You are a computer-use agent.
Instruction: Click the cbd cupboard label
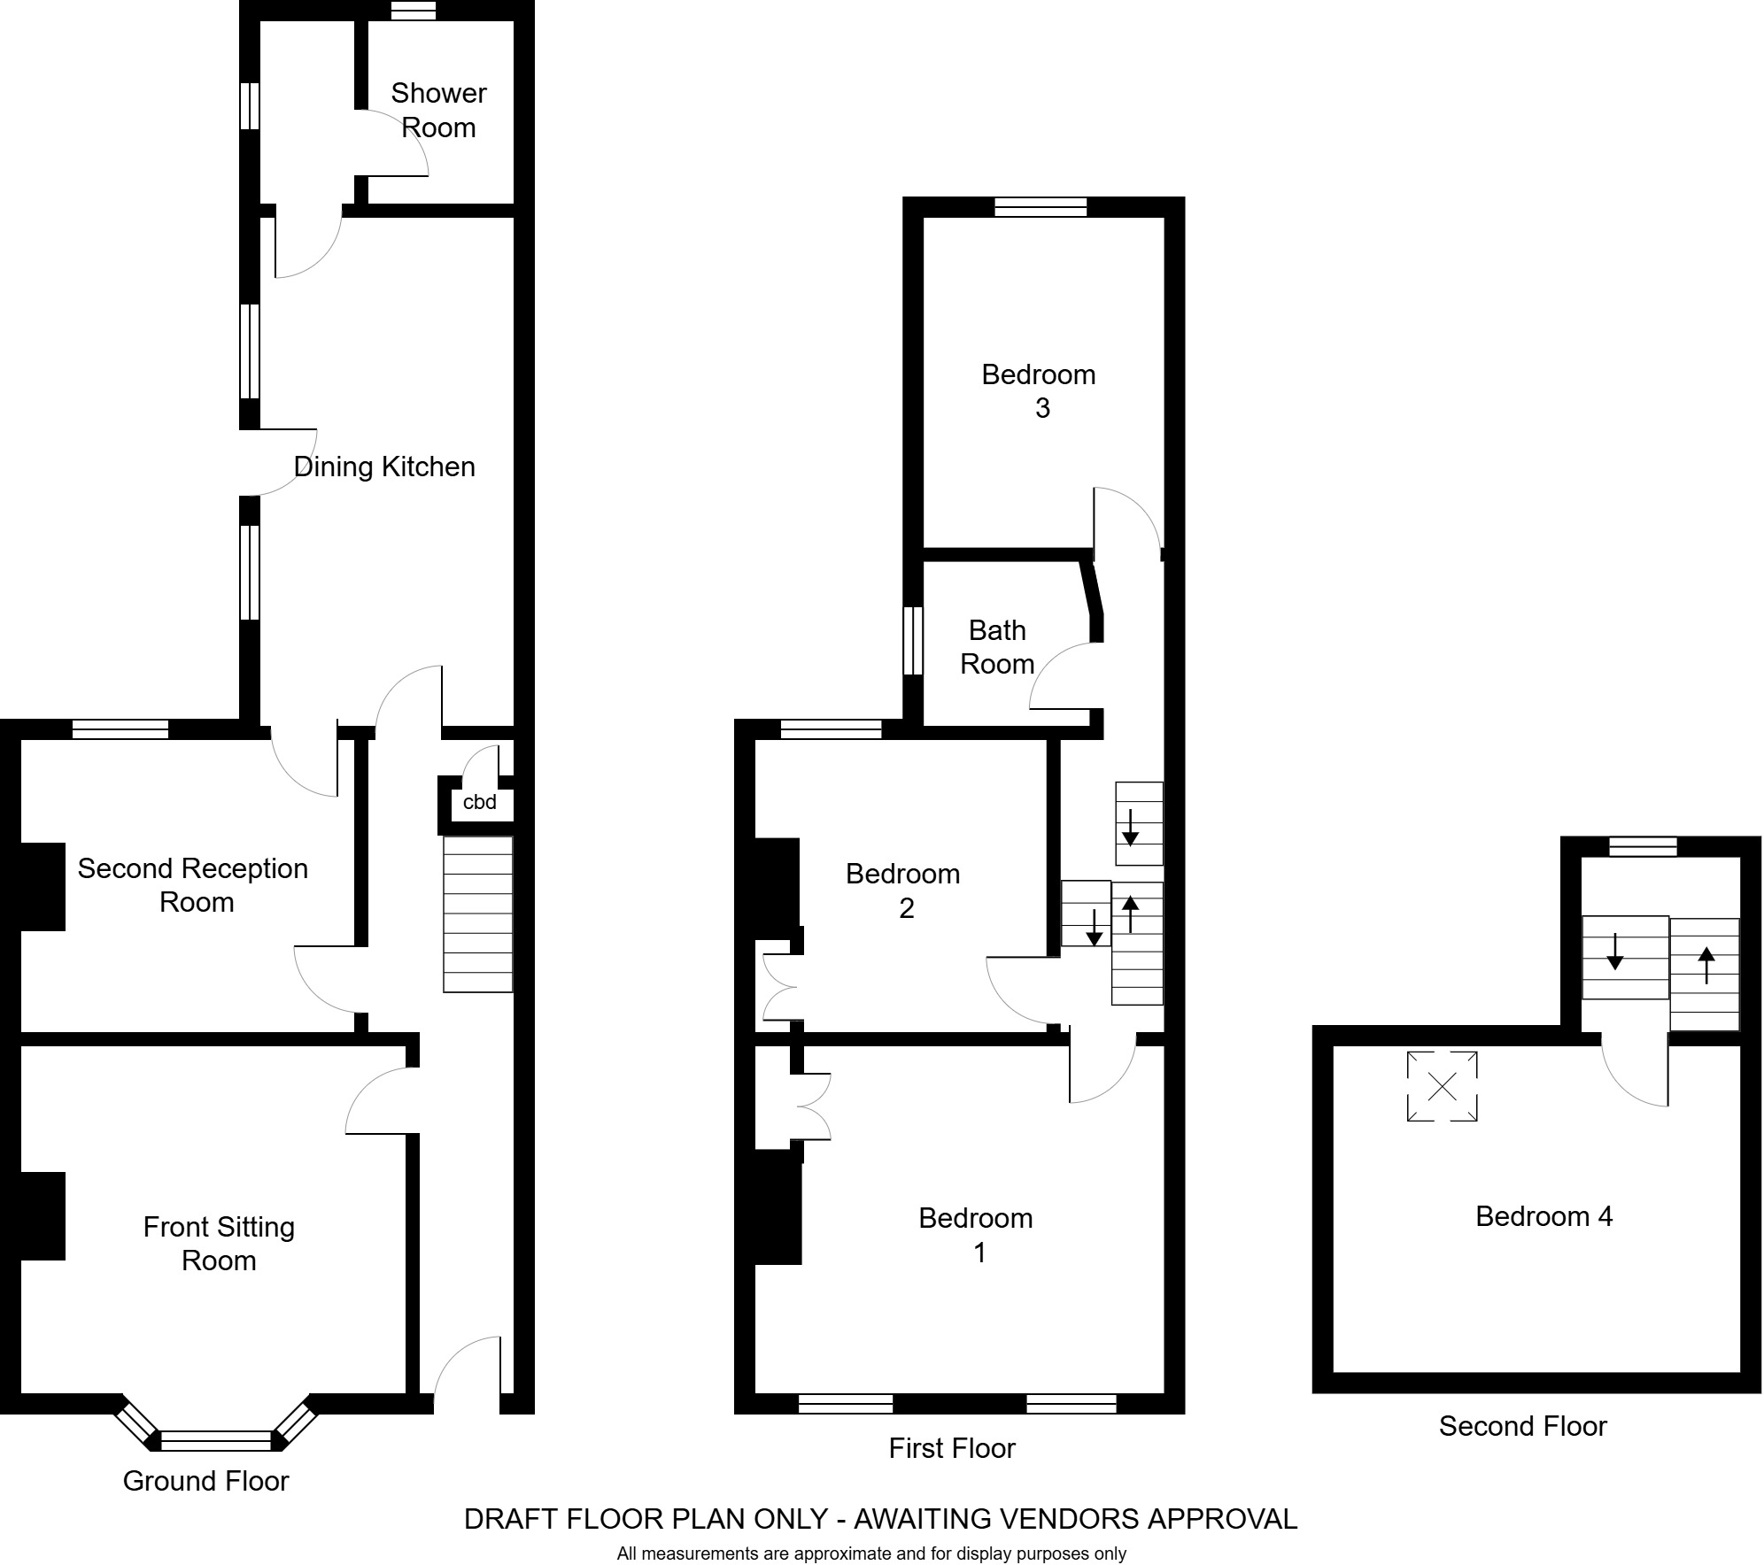pyautogui.click(x=479, y=802)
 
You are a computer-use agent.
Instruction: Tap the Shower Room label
pyautogui.click(x=438, y=110)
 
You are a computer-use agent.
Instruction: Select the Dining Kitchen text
pyautogui.click(x=384, y=466)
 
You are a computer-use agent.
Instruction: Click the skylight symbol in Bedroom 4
pyautogui.click(x=1442, y=1086)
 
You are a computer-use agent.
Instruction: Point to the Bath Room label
pyautogui.click(x=997, y=647)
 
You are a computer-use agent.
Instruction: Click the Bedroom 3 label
pyautogui.click(x=1039, y=390)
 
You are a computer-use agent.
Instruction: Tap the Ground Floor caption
pyautogui.click(x=205, y=1481)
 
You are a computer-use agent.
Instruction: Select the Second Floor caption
pyautogui.click(x=1521, y=1426)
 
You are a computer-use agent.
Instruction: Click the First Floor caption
pyautogui.click(x=951, y=1448)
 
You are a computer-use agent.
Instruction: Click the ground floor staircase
pyautogui.click(x=478, y=914)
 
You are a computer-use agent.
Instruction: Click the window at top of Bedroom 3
pyautogui.click(x=1040, y=207)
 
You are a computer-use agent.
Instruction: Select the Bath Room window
pyautogui.click(x=913, y=641)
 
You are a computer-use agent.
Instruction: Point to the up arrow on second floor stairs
pyautogui.click(x=1706, y=965)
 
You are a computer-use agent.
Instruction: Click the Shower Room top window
pyautogui.click(x=414, y=11)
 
